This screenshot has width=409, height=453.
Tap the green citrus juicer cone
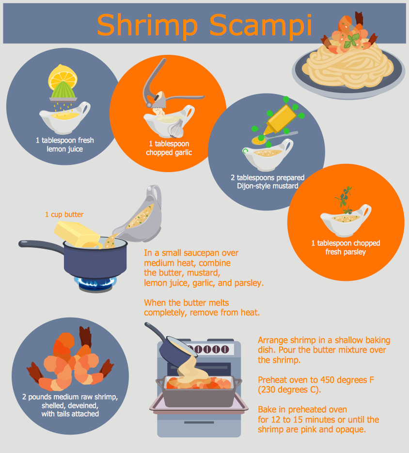[63, 90]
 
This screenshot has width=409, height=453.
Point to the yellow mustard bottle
[280, 120]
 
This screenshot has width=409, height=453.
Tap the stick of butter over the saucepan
[77, 234]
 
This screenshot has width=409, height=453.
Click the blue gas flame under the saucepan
[95, 283]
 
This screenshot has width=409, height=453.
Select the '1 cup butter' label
[64, 214]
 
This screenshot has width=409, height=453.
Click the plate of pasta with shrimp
[348, 66]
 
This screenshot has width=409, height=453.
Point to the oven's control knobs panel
[208, 349]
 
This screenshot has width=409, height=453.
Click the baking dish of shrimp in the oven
[199, 390]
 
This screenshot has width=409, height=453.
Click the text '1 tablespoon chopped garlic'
[169, 148]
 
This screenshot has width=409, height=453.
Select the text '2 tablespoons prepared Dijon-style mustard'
[267, 182]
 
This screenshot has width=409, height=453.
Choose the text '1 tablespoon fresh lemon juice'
[64, 145]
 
